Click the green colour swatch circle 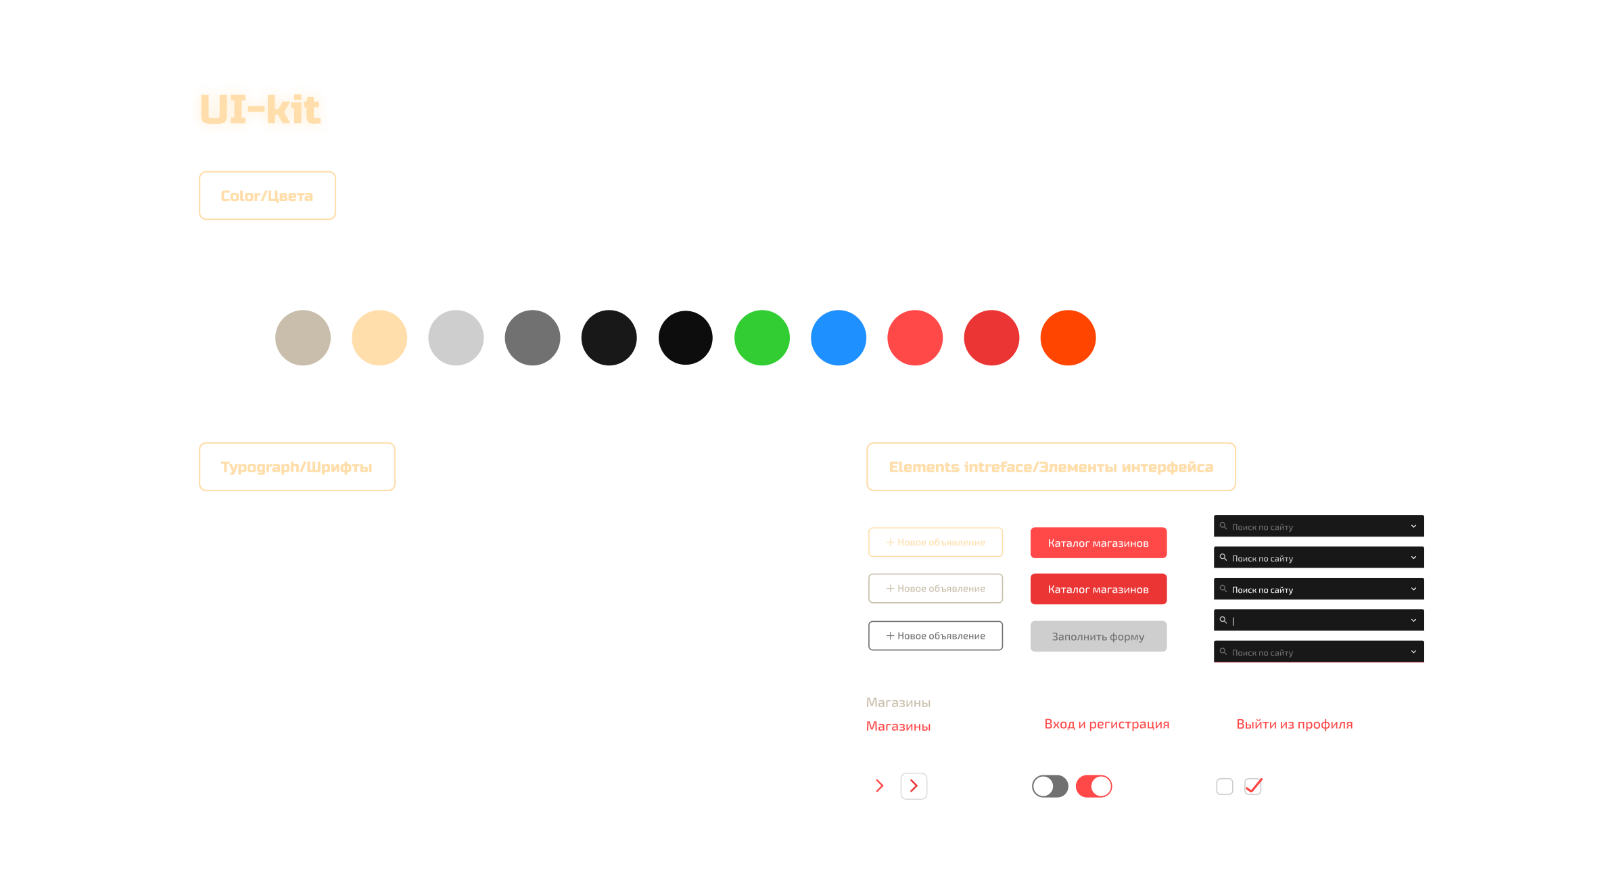point(761,338)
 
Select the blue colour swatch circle point(838,338)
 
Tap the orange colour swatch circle point(1067,338)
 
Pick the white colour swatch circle point(226,338)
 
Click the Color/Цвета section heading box point(267,196)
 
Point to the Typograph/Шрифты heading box point(296,467)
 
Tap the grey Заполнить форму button point(1098,636)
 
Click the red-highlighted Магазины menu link point(898,726)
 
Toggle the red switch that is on point(1093,786)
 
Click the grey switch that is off point(1050,786)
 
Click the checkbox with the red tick point(1253,786)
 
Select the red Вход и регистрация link point(1106,724)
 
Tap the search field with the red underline point(1318,652)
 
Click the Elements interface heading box point(1051,467)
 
